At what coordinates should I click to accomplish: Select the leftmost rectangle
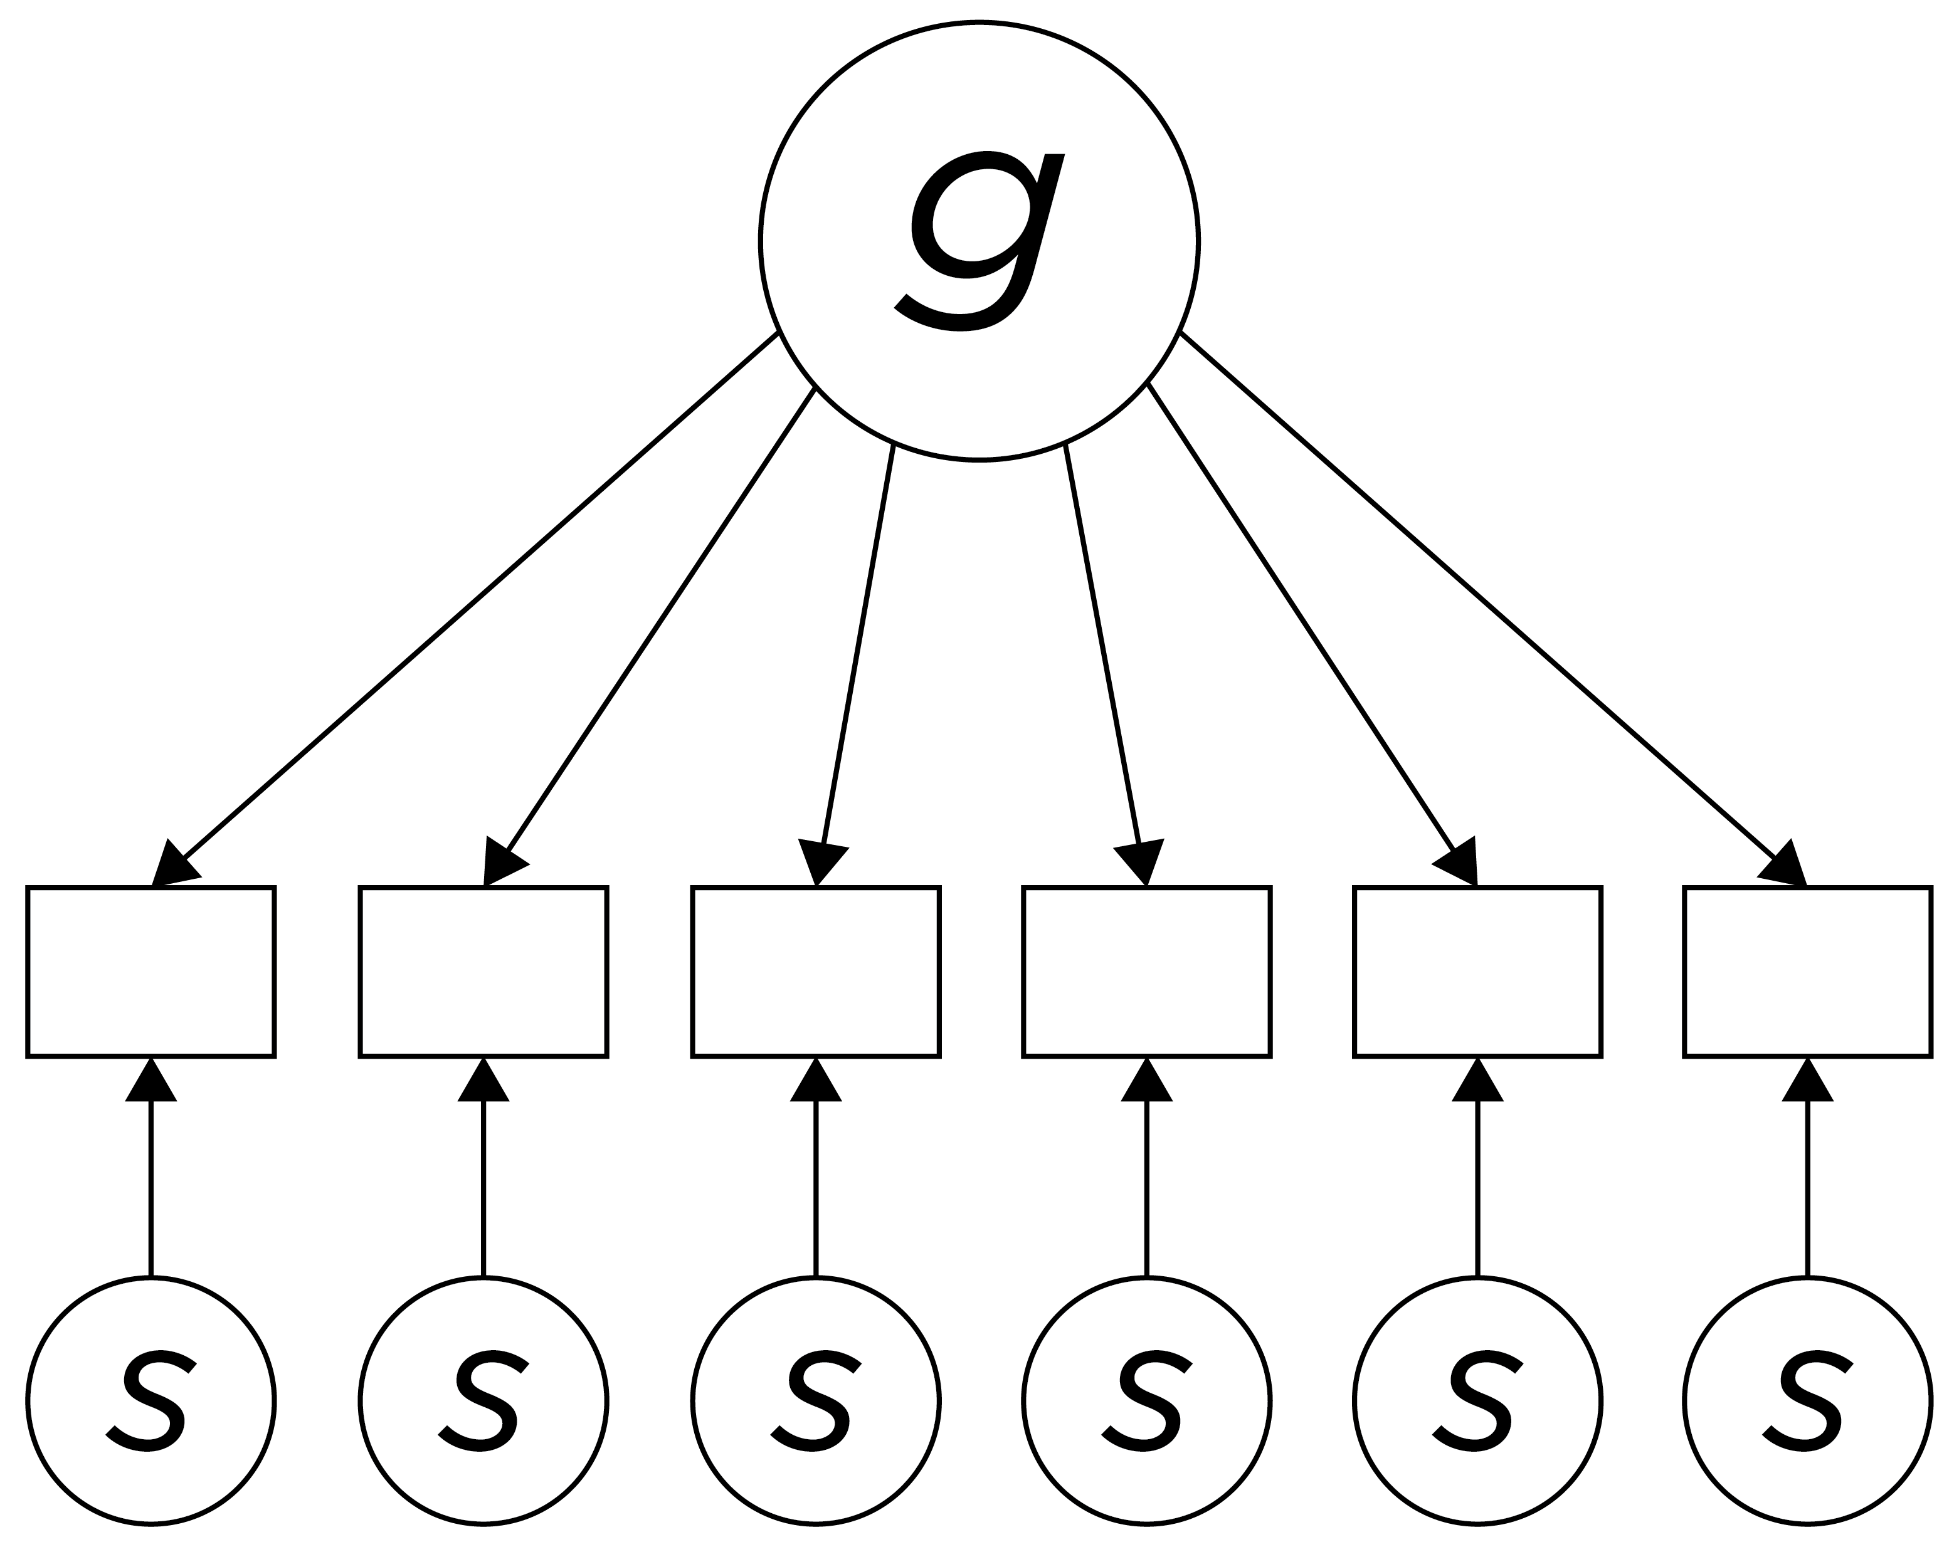[151, 971]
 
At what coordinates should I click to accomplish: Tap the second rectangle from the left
[483, 971]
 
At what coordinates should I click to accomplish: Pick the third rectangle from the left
[815, 971]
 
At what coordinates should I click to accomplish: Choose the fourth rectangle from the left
[1146, 971]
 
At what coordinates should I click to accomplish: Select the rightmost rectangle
[1808, 971]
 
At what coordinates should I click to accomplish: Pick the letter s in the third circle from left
[813, 1400]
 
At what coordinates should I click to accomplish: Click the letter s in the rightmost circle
[1805, 1400]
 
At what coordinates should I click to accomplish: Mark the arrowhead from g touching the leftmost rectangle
[172, 865]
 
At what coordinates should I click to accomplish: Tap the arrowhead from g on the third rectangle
[820, 863]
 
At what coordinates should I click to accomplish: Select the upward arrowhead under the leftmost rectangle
[151, 1083]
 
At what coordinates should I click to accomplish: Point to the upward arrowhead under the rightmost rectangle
[1808, 1083]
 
